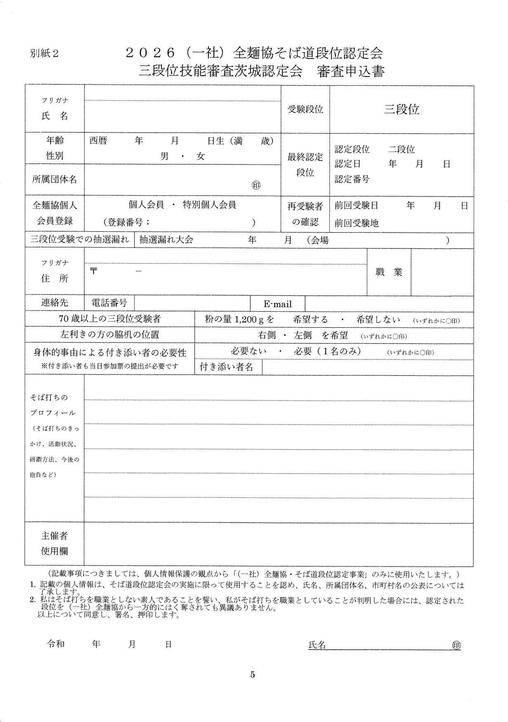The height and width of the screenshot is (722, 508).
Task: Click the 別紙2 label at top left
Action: coord(44,54)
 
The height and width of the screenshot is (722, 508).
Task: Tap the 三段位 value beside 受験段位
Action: coord(402,109)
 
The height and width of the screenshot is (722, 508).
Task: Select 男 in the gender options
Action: coord(165,157)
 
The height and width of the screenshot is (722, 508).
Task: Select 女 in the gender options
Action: coord(200,157)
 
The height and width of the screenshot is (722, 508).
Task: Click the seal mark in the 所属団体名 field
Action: coord(256,185)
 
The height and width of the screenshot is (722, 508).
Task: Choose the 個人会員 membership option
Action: coord(146,205)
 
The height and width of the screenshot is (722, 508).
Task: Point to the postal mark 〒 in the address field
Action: coord(94,271)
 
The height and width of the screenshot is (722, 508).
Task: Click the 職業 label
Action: coord(389,272)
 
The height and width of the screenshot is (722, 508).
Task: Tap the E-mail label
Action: coord(278,304)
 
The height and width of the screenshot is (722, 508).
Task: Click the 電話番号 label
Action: coord(109,303)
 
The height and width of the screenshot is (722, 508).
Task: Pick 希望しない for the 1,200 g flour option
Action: coord(378,319)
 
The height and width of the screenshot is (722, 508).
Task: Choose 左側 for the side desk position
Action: coord(302,335)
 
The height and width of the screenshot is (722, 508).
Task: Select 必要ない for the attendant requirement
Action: coord(249,351)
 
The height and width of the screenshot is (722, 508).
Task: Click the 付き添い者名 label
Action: coord(226,367)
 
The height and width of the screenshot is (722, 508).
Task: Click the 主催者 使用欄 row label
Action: coord(54,544)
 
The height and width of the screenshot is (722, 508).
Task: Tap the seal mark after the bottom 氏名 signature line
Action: coord(456,645)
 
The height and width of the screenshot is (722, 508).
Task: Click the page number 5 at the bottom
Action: coord(253,675)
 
